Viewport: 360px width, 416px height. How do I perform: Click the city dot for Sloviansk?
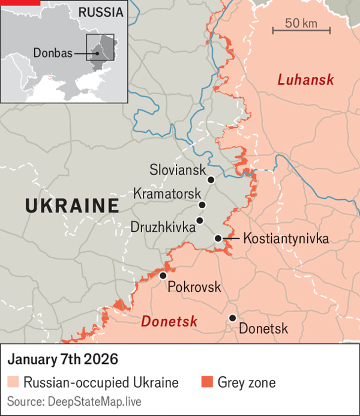click(211, 179)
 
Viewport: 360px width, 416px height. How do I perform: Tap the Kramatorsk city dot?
click(202, 205)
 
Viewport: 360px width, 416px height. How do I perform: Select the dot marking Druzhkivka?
click(200, 220)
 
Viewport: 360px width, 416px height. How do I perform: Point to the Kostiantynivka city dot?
click(218, 239)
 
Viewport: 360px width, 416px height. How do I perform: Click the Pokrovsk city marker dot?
click(163, 276)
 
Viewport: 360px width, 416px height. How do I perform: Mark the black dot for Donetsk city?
click(232, 318)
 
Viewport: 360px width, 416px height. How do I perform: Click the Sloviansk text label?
click(176, 170)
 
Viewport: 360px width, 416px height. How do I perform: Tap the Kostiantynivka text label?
click(286, 239)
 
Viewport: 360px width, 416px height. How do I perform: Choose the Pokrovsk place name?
click(194, 287)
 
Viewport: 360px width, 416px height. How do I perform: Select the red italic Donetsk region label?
click(169, 322)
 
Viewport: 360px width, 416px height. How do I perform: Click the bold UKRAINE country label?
click(71, 206)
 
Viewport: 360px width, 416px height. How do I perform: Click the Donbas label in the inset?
click(53, 53)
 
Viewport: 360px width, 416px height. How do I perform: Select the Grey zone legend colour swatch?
click(206, 382)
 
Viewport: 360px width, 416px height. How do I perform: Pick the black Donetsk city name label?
click(263, 329)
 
